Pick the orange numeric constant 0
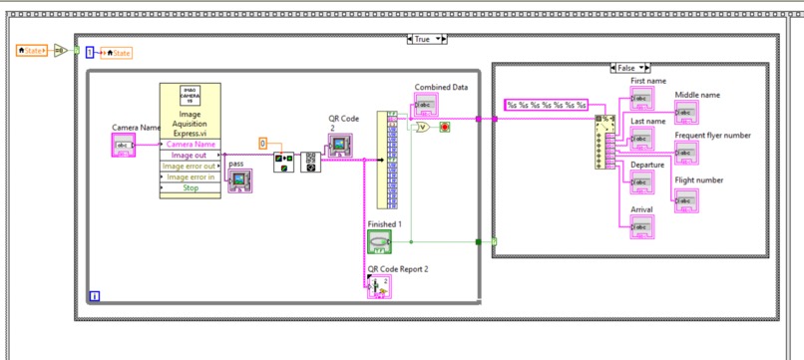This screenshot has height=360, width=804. [x=263, y=144]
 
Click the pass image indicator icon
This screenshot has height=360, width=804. [x=239, y=180]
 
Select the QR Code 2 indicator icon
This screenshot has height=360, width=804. [x=341, y=146]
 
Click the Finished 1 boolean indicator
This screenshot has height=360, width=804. [x=379, y=241]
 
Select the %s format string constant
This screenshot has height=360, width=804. [x=546, y=104]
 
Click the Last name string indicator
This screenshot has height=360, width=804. [x=641, y=139]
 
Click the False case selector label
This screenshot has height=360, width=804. [x=625, y=68]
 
